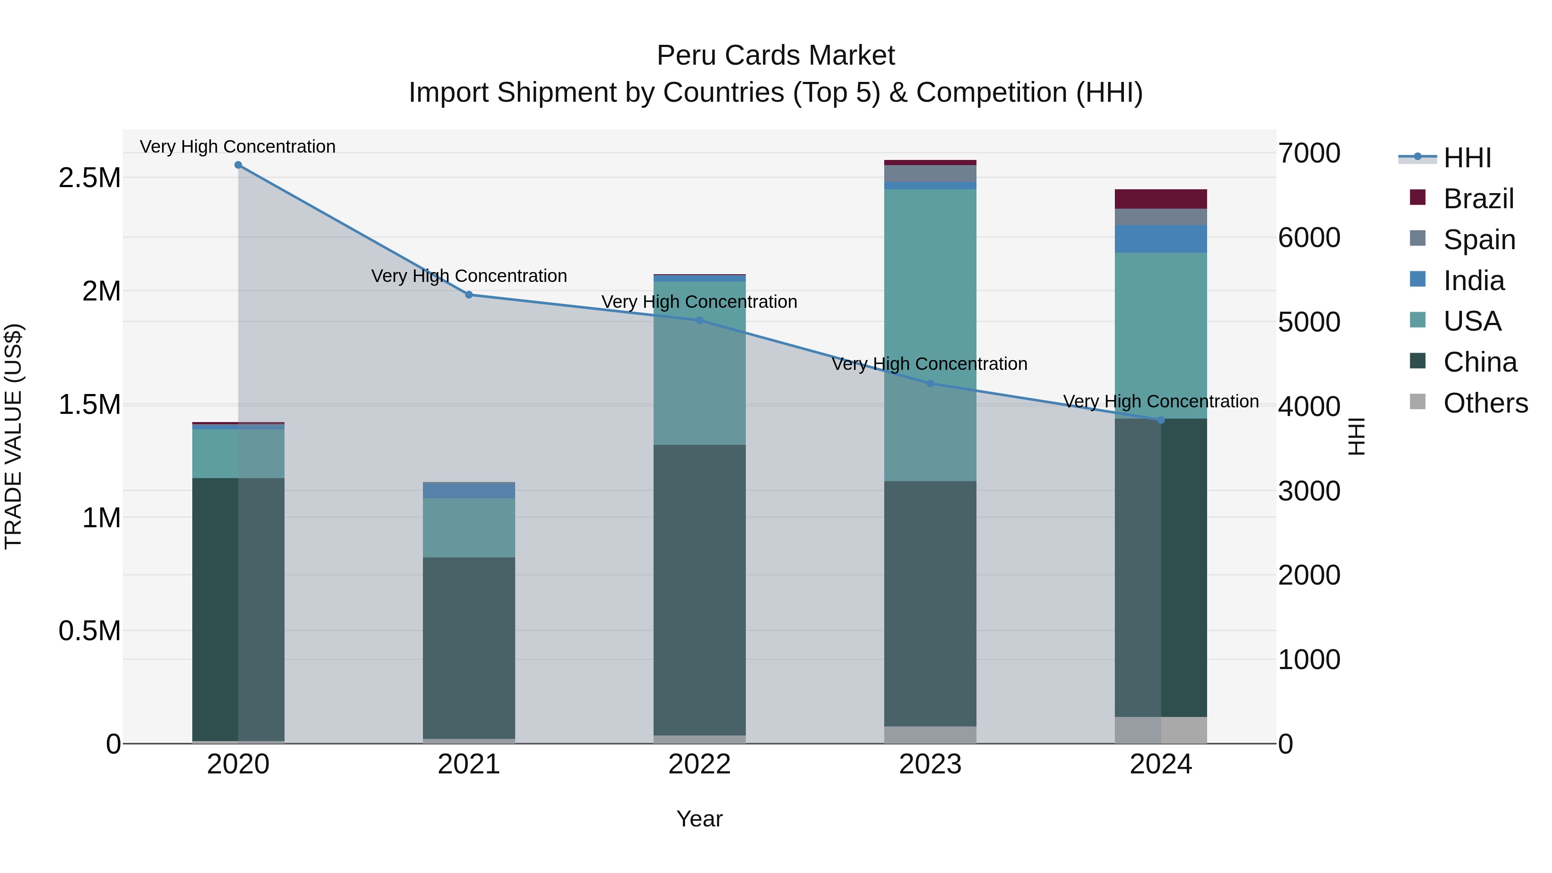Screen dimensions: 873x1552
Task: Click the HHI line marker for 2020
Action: [x=238, y=165]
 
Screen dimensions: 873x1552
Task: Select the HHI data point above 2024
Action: [x=1161, y=420]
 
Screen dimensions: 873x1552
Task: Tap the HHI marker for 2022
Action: [x=700, y=320]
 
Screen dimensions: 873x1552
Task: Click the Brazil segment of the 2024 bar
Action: [x=1161, y=199]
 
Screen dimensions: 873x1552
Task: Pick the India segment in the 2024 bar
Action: [x=1161, y=239]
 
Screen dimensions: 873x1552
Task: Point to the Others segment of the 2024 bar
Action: [x=1161, y=730]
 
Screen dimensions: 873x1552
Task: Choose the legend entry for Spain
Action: [x=1479, y=240]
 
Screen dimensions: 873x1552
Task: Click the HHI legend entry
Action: [x=1467, y=158]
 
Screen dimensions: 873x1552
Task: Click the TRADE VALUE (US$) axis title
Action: [x=13, y=436]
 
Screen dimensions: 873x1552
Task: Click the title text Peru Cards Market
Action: [x=776, y=56]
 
